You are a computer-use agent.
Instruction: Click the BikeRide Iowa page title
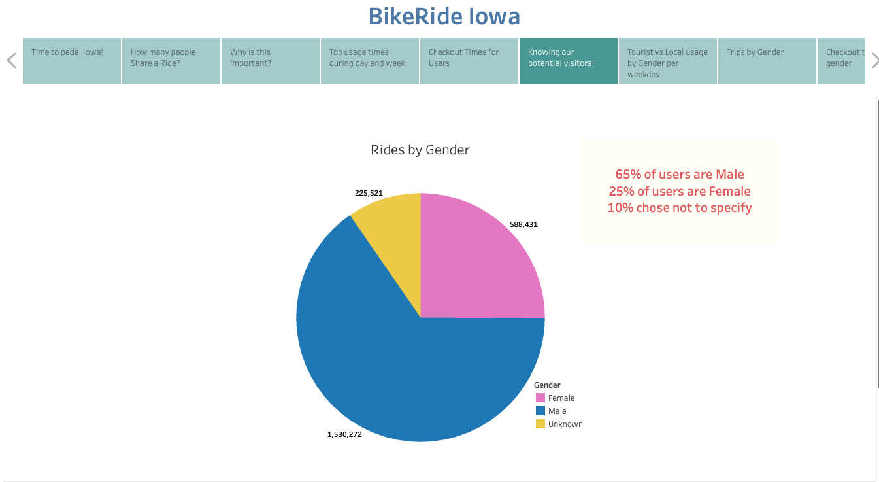pyautogui.click(x=444, y=16)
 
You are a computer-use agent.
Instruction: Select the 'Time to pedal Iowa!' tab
pyautogui.click(x=72, y=60)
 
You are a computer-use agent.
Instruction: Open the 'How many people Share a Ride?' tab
pyautogui.click(x=171, y=60)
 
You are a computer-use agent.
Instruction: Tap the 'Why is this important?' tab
pyautogui.click(x=271, y=60)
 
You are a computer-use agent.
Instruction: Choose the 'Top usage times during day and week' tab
pyautogui.click(x=369, y=60)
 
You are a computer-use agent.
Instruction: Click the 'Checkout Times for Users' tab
pyautogui.click(x=469, y=60)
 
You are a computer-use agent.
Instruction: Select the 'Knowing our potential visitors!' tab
pyautogui.click(x=568, y=60)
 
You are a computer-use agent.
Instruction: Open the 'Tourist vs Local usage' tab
pyautogui.click(x=667, y=60)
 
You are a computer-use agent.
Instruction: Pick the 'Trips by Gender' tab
pyautogui.click(x=767, y=60)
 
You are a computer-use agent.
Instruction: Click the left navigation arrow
pyautogui.click(x=11, y=61)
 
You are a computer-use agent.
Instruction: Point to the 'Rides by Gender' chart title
pyautogui.click(x=420, y=150)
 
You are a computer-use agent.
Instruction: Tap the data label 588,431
pyautogui.click(x=523, y=224)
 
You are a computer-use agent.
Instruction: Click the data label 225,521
pyautogui.click(x=369, y=193)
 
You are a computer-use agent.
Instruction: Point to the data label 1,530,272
pyautogui.click(x=344, y=434)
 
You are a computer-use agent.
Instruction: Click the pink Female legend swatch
pyautogui.click(x=540, y=398)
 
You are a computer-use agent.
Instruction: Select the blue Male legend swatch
pyautogui.click(x=540, y=411)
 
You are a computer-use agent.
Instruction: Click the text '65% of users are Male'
pyautogui.click(x=680, y=175)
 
